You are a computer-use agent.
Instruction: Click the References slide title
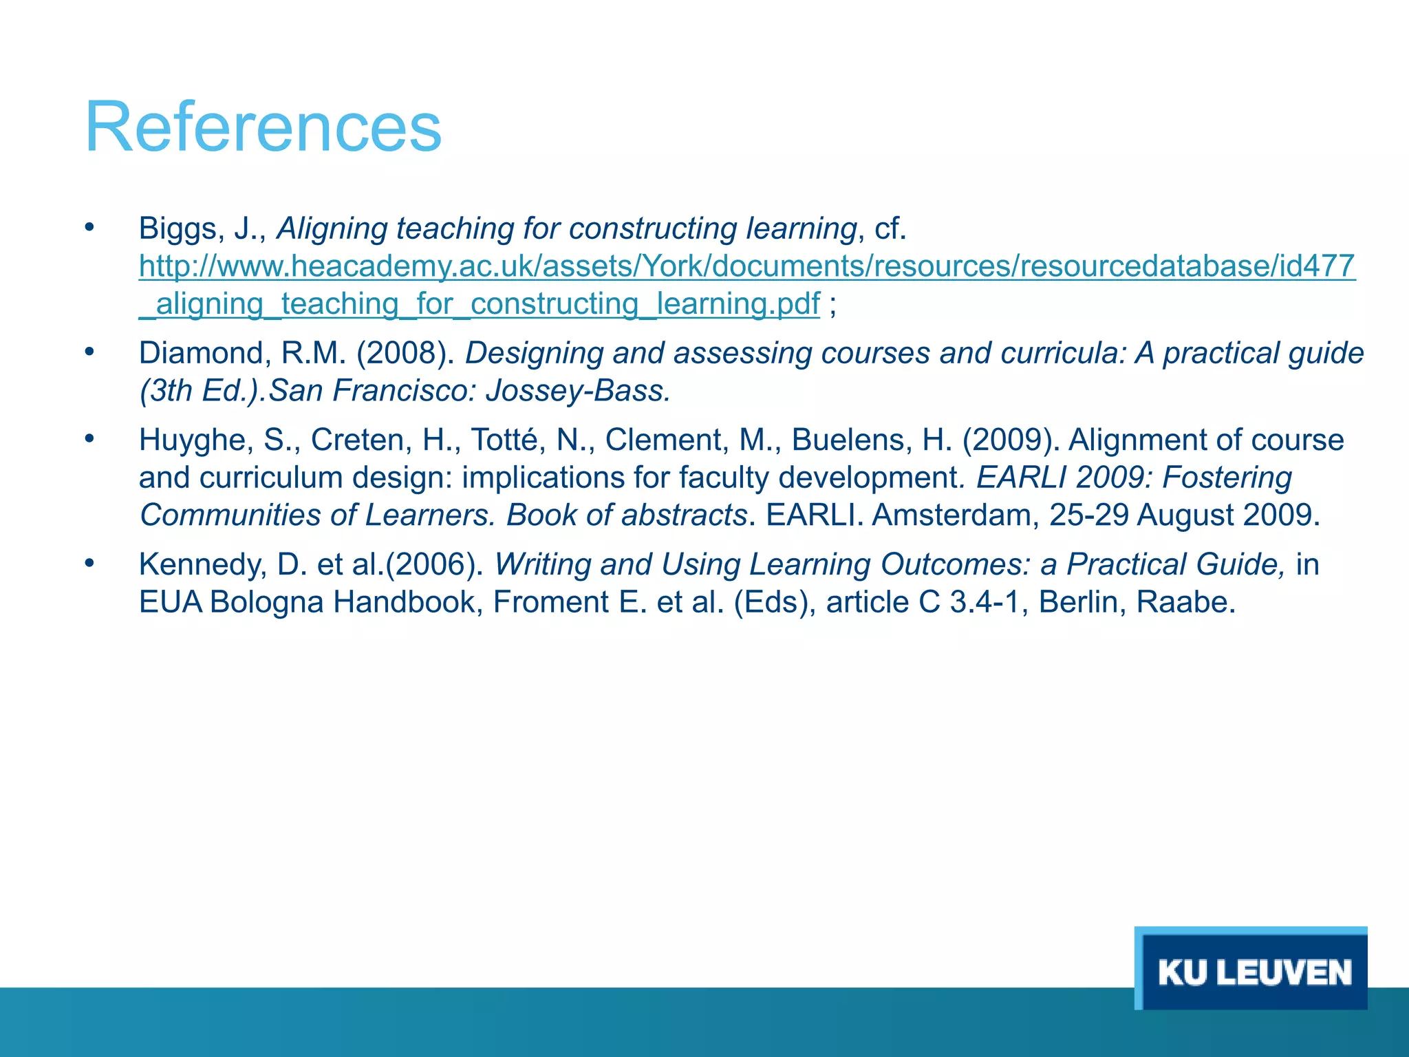263,128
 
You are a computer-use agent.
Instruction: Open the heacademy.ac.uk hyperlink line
746,266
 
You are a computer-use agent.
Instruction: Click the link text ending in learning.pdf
480,304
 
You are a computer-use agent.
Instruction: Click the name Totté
504,440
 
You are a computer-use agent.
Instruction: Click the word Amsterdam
956,515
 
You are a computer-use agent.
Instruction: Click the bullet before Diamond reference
89,352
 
